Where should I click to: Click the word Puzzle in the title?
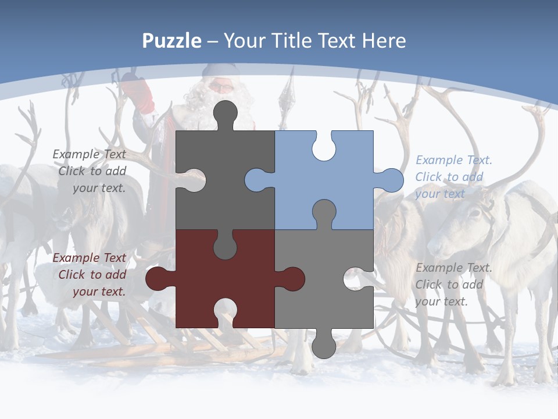[x=172, y=41]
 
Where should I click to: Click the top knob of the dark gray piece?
[x=226, y=113]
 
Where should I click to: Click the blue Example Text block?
[x=453, y=177]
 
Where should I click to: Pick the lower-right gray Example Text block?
[x=453, y=285]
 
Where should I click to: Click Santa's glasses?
[x=221, y=87]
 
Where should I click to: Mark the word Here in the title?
[x=384, y=41]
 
